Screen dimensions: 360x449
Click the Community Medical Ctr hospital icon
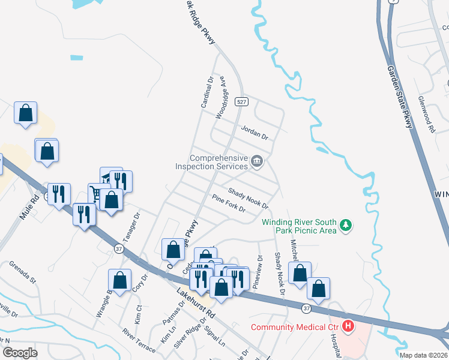tap(348, 327)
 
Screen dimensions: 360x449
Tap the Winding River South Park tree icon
tap(345, 225)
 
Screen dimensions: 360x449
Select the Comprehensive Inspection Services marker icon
tap(257, 161)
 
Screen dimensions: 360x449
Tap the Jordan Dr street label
tap(254, 131)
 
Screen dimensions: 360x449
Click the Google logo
tap(20, 353)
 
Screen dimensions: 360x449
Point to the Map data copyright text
tap(424, 355)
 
